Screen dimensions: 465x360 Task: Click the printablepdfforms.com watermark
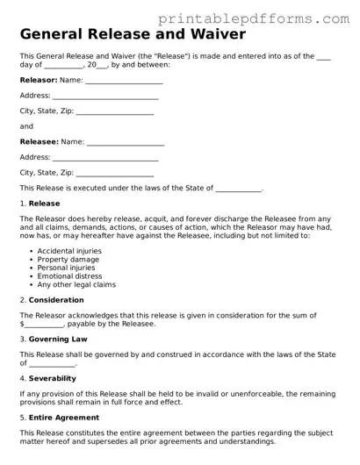tap(267, 17)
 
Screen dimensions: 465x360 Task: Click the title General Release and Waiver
tap(133, 35)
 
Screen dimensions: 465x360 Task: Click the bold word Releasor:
tap(38, 80)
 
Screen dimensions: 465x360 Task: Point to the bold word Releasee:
tap(39, 141)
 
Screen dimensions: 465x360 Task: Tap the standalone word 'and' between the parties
tap(26, 126)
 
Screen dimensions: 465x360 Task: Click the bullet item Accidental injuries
tap(69, 251)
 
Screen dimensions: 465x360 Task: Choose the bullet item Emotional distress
tap(70, 276)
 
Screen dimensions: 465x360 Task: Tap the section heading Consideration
tap(56, 300)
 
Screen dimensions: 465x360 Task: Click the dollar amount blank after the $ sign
tap(44, 325)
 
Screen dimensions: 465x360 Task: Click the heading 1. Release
tap(40, 204)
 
